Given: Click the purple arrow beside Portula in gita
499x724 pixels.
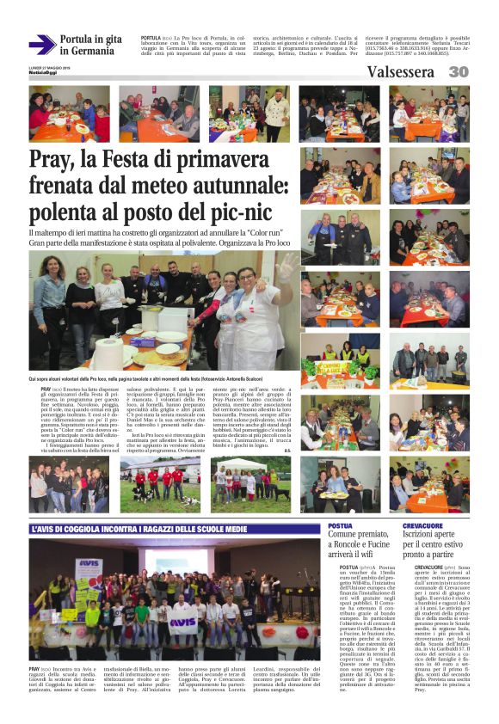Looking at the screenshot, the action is (x=41, y=45).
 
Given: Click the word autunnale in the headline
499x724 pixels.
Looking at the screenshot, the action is (x=227, y=185).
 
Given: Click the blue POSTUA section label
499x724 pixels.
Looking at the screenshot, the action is (x=341, y=525).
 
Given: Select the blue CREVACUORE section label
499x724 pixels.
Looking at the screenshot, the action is (x=422, y=525).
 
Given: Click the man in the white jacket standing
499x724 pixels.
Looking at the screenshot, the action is (x=277, y=112).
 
